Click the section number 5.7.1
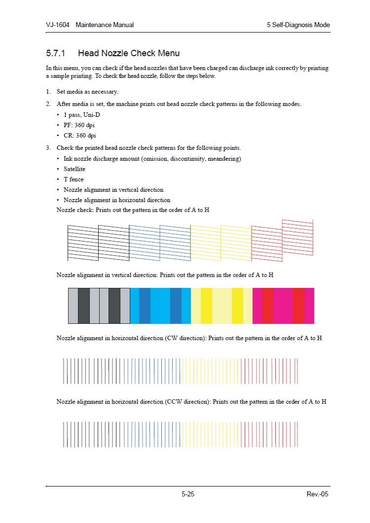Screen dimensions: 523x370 (x=56, y=53)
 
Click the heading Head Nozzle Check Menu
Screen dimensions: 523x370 (x=129, y=53)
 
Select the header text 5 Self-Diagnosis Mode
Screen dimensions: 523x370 (x=298, y=25)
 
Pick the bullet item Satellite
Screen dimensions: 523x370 (x=74, y=169)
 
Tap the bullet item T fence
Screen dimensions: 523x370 (x=74, y=179)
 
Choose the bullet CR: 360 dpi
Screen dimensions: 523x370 (x=79, y=136)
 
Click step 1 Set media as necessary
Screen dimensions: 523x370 (x=87, y=92)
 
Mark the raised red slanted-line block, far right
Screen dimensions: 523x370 (x=297, y=238)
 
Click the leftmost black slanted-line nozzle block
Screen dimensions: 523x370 (x=82, y=242)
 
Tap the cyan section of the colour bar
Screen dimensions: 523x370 (x=160, y=306)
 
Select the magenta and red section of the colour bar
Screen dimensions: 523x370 (x=283, y=306)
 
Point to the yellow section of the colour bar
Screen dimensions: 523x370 (x=222, y=306)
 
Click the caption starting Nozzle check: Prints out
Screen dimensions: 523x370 (x=133, y=210)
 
